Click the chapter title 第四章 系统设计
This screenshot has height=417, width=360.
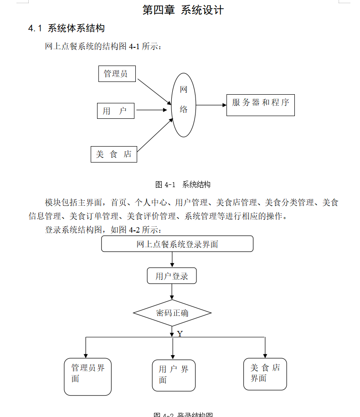pos(183,10)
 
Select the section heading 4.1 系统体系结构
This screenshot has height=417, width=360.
pos(67,28)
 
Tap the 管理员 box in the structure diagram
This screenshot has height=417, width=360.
pos(117,74)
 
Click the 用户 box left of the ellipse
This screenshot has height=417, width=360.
pos(115,111)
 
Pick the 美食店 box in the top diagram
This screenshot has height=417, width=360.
pos(113,154)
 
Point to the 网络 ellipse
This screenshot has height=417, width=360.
pos(184,105)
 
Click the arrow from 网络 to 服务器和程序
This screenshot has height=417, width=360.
pos(211,105)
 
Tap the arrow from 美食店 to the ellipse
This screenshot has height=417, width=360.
pos(155,135)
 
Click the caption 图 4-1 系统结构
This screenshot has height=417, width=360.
pos(183,184)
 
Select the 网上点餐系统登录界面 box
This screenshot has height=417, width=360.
pos(177,244)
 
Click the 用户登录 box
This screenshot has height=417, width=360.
pos(172,276)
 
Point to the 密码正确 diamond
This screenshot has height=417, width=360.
pos(172,313)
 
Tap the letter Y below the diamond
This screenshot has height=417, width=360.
pos(180,334)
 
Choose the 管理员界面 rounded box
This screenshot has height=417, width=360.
pos(87,376)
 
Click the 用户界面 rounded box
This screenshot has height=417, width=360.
pos(174,375)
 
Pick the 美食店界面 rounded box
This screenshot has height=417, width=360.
pos(265,374)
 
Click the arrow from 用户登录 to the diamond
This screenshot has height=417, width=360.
pos(172,292)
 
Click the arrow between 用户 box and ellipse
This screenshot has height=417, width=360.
pos(152,110)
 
